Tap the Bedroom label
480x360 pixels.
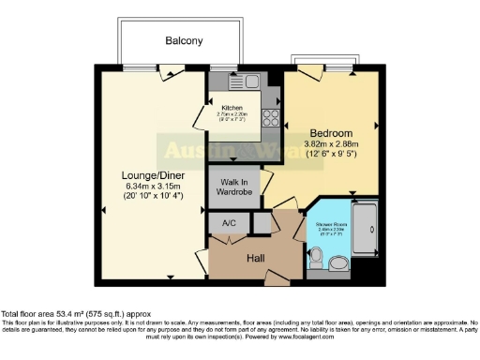(x=331, y=133)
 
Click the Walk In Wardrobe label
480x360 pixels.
(x=234, y=187)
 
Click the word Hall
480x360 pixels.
(x=256, y=256)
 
